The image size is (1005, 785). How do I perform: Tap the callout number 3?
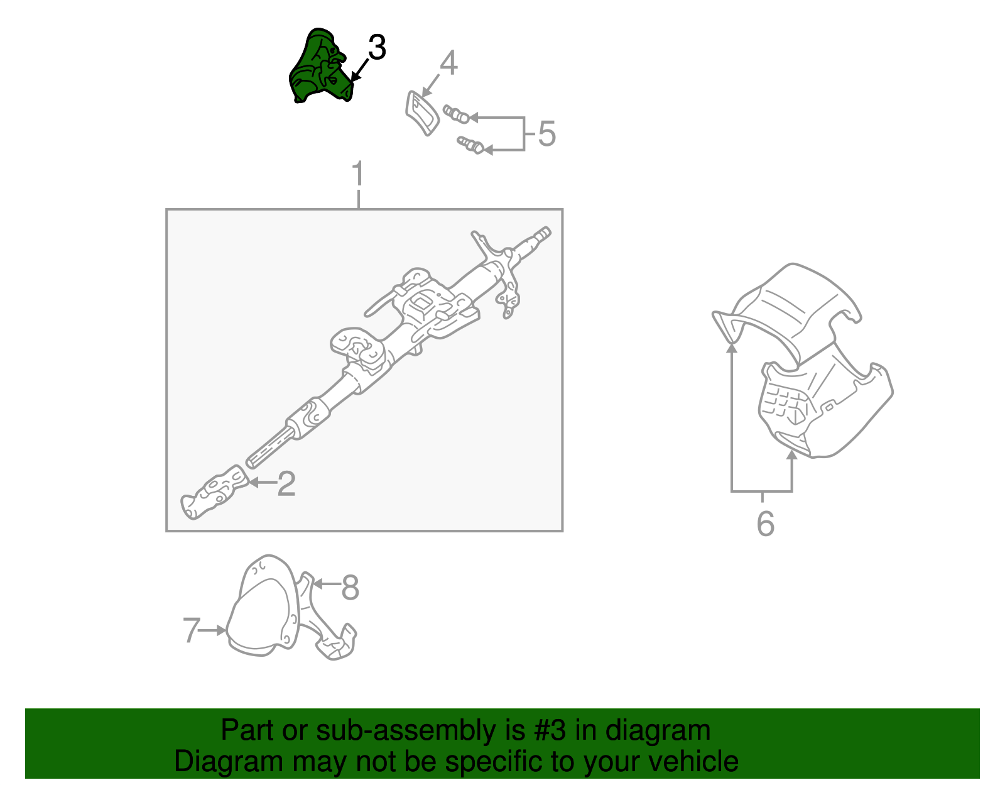(x=376, y=48)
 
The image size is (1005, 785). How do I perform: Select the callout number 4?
(x=448, y=63)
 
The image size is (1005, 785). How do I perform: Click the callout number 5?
(x=547, y=134)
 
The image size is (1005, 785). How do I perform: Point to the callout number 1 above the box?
(x=358, y=174)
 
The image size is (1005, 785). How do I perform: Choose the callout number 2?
(x=286, y=483)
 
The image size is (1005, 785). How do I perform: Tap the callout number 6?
(x=765, y=524)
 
